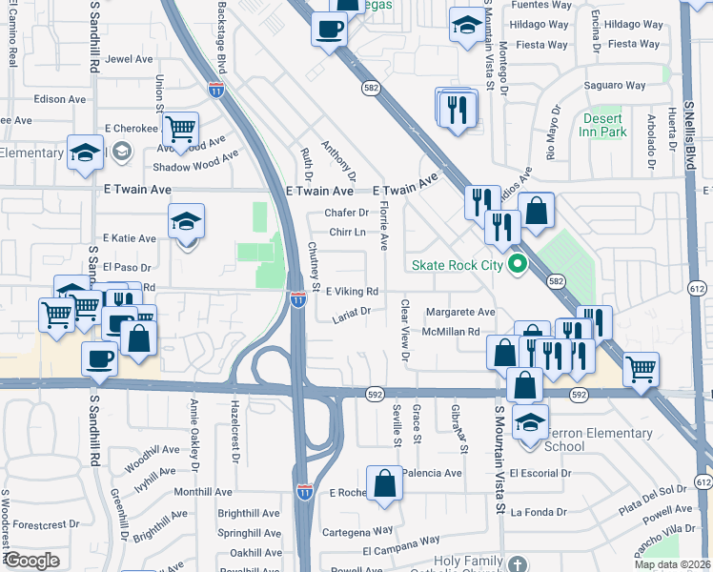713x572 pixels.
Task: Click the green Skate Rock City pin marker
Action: click(x=518, y=264)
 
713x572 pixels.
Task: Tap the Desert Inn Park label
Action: click(x=605, y=125)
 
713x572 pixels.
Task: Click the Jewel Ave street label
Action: click(x=130, y=58)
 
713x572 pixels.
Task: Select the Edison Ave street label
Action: click(x=59, y=99)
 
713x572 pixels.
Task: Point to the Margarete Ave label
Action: click(x=459, y=312)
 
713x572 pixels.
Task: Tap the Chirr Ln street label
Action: click(x=348, y=232)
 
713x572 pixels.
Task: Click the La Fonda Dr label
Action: click(x=539, y=512)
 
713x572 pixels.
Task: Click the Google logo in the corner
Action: click(x=32, y=561)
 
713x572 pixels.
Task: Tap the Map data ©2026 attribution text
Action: click(x=672, y=564)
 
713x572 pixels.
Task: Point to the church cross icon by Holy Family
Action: click(x=516, y=564)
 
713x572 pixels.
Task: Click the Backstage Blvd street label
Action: click(x=221, y=38)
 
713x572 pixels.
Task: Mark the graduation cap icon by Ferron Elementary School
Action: click(x=530, y=420)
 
